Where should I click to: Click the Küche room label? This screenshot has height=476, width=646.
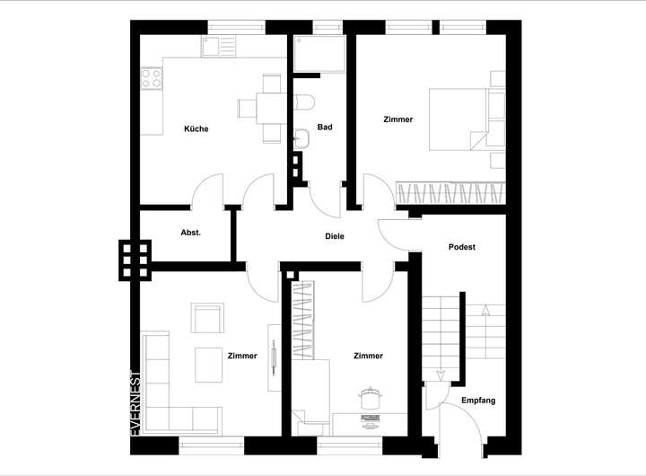(x=196, y=128)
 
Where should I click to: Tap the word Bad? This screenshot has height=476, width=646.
(x=325, y=127)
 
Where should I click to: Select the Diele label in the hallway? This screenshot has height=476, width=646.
(x=335, y=236)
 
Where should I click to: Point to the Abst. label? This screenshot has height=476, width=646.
(x=191, y=233)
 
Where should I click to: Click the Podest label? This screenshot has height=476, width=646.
(x=461, y=246)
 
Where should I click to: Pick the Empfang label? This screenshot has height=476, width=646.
(x=477, y=400)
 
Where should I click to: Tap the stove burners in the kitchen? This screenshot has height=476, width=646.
(x=151, y=79)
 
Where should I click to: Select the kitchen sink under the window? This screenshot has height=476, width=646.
(x=216, y=46)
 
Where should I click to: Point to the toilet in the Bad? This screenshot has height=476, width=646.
(x=302, y=101)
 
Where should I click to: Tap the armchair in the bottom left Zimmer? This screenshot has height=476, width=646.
(x=207, y=318)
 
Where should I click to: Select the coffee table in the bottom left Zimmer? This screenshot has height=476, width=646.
(x=210, y=365)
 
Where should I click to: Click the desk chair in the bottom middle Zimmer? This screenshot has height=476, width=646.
(x=369, y=395)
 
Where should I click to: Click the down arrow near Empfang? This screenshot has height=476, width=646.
(x=441, y=374)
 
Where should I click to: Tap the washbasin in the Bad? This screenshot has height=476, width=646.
(x=302, y=137)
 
